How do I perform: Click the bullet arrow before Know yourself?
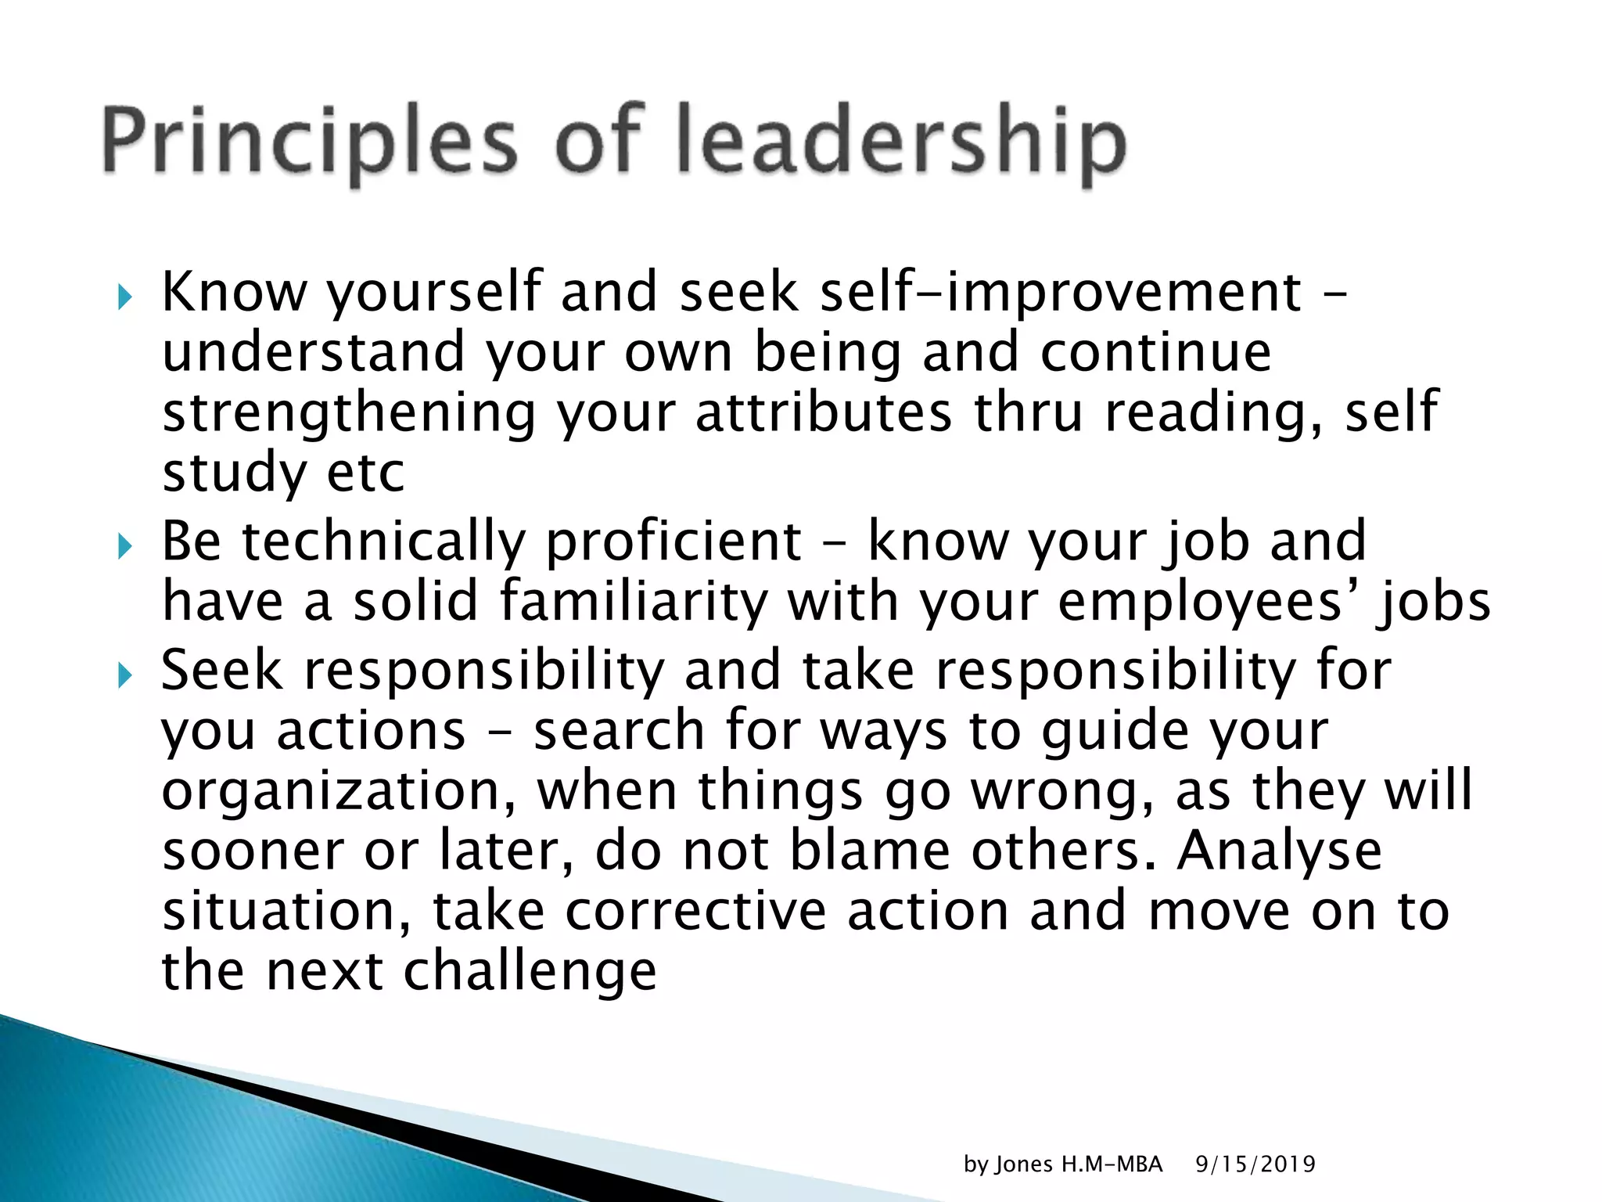pyautogui.click(x=124, y=297)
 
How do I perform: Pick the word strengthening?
pyautogui.click(x=349, y=414)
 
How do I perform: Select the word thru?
pyautogui.click(x=1028, y=412)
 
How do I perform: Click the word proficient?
pyautogui.click(x=673, y=542)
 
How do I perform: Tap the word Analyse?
pyautogui.click(x=1279, y=852)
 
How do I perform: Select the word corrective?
pyautogui.click(x=695, y=912)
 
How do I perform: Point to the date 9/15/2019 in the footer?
pyautogui.click(x=1255, y=1164)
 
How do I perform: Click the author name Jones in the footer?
pyautogui.click(x=1024, y=1164)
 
